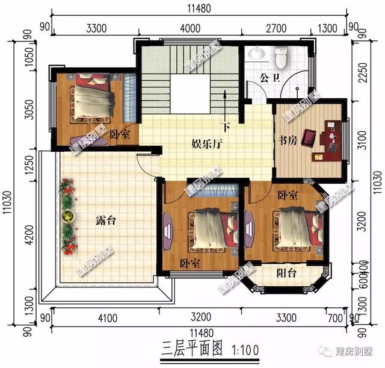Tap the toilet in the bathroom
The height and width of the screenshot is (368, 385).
point(281,57)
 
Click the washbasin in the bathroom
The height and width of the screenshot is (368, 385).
point(256,55)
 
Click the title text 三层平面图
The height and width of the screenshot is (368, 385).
point(190,349)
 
